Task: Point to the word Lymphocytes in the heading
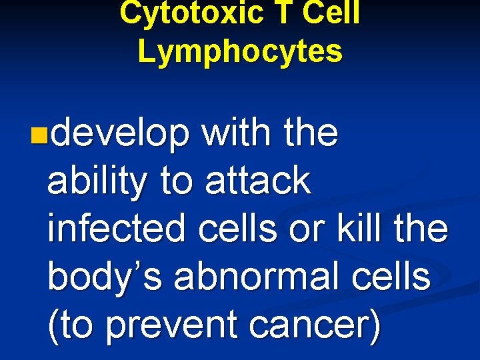pyautogui.click(x=240, y=51)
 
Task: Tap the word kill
pyautogui.click(x=369, y=229)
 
